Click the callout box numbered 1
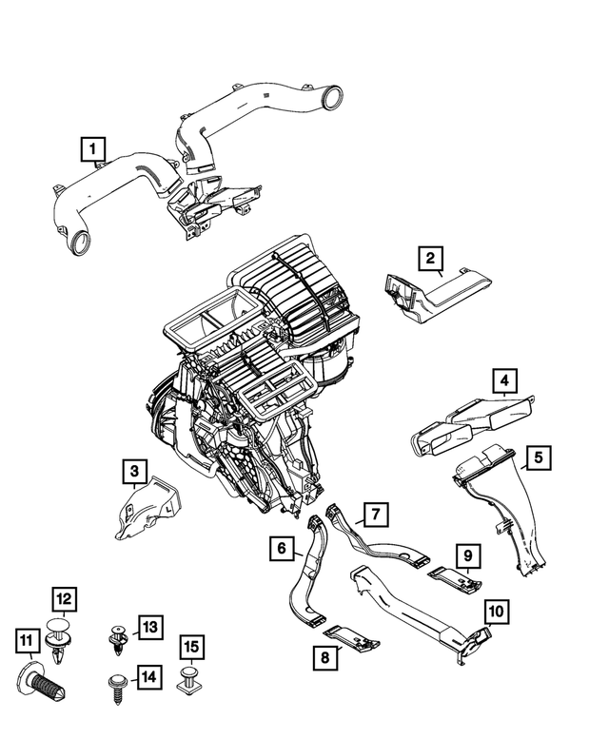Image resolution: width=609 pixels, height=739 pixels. pyautogui.click(x=92, y=148)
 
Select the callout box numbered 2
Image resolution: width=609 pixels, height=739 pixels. pyautogui.click(x=430, y=258)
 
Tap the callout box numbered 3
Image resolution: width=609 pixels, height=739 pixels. pyautogui.click(x=135, y=471)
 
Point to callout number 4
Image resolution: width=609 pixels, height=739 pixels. pyautogui.click(x=505, y=382)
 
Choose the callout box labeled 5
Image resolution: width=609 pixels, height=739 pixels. pyautogui.click(x=538, y=458)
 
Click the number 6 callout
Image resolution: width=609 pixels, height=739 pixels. pyautogui.click(x=282, y=549)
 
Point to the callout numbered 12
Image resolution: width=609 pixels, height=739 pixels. pyautogui.click(x=63, y=599)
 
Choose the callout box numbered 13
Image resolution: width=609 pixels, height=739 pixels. pyautogui.click(x=148, y=626)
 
